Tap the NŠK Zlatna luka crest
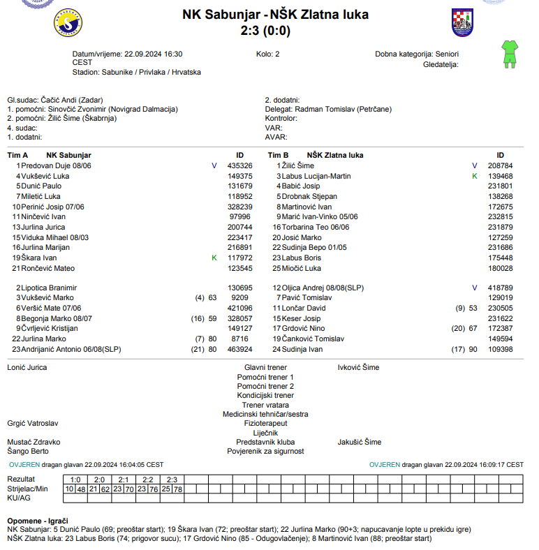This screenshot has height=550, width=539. click(462, 22)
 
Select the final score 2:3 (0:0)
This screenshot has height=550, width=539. click(265, 31)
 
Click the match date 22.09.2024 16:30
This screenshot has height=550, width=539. click(153, 54)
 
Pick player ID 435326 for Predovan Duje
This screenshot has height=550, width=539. click(239, 165)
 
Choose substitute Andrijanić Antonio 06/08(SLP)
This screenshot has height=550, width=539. click(71, 349)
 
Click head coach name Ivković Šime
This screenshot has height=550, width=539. click(358, 366)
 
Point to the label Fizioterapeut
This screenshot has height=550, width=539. click(265, 423)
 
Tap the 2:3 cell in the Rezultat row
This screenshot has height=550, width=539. click(172, 480)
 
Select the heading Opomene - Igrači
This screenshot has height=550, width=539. click(37, 521)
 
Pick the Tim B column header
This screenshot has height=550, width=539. click(278, 155)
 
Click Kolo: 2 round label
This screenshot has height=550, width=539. click(267, 54)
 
